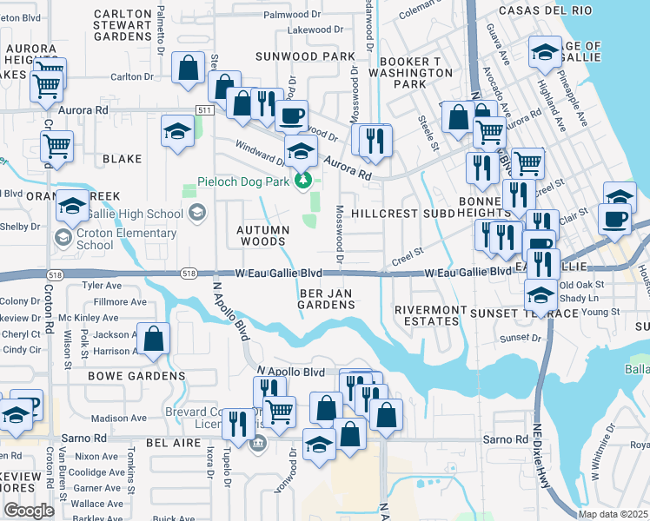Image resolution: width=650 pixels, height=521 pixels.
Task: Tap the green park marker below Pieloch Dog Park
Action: (x=302, y=181)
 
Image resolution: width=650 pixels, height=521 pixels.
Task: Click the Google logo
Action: (x=28, y=510)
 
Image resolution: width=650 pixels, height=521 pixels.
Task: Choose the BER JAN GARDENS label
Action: (x=326, y=300)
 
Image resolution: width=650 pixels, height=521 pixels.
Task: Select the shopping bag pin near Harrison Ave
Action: (x=154, y=340)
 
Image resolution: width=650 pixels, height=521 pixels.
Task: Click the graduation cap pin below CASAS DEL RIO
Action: (x=545, y=52)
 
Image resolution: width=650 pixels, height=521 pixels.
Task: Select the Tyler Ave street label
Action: (x=101, y=285)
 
